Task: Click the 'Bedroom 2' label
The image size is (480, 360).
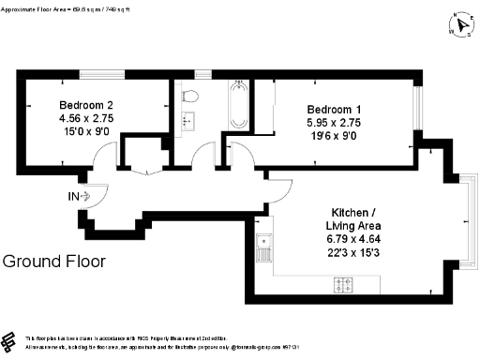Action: pyautogui.click(x=86, y=105)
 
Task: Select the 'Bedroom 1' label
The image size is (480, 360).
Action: pyautogui.click(x=334, y=108)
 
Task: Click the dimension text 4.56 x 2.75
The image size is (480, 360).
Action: pyautogui.click(x=86, y=119)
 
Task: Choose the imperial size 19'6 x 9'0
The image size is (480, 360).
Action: pyautogui.click(x=334, y=135)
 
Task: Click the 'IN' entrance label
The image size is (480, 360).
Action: pyautogui.click(x=73, y=197)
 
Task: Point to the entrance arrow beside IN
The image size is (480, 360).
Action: pyautogui.click(x=86, y=197)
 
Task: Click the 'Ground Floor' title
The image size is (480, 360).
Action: pyautogui.click(x=54, y=262)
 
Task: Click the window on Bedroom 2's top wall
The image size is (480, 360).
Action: pyautogui.click(x=99, y=73)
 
